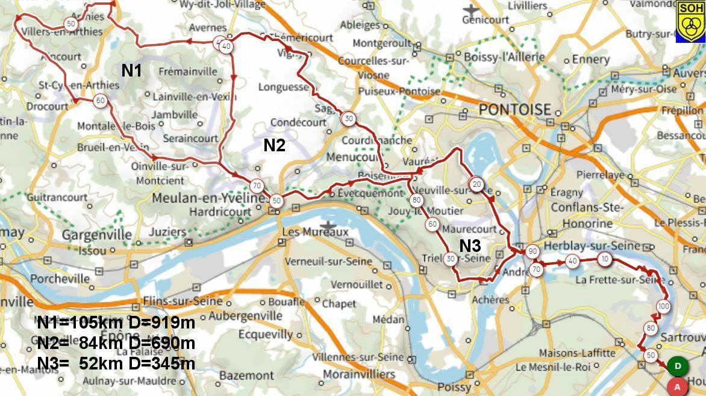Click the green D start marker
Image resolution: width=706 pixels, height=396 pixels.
point(678,366)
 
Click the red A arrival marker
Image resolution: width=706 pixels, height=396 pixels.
point(678,386)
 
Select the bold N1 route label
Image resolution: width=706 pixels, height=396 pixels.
point(132,71)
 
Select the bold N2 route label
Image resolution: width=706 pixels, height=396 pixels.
point(274,145)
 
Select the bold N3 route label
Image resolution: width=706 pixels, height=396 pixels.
point(470,246)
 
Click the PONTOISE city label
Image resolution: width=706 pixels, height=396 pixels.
point(515,110)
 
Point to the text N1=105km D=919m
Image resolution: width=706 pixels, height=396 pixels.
point(116,323)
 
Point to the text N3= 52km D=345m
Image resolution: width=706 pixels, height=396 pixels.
point(116,363)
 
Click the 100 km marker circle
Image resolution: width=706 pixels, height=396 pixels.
point(663,306)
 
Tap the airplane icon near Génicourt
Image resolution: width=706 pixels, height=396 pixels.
point(470,10)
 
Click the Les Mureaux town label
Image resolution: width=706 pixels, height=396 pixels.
point(316,232)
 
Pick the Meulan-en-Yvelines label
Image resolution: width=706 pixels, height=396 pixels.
point(209,198)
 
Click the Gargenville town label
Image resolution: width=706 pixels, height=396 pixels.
point(97,234)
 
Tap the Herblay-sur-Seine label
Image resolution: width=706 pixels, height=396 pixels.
point(591,246)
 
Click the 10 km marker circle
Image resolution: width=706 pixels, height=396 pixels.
point(605,259)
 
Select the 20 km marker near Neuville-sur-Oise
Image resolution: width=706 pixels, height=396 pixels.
point(476,184)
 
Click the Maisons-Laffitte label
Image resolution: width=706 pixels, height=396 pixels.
point(576,353)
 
